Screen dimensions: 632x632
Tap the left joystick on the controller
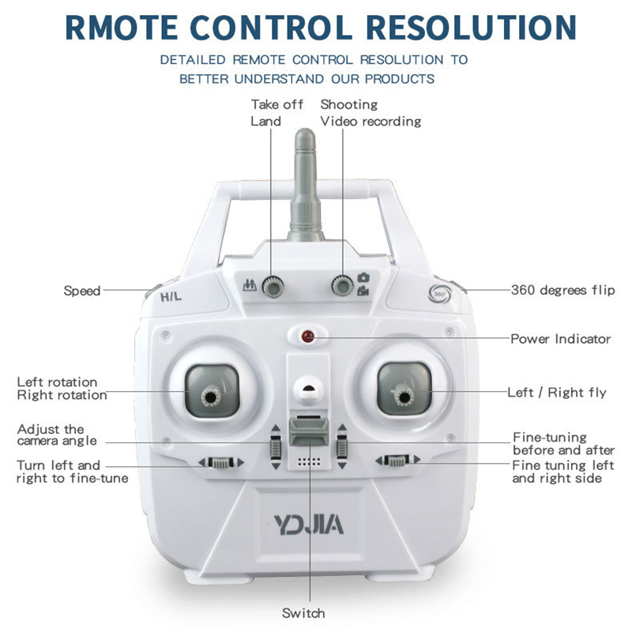211,397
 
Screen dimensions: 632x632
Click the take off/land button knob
273,287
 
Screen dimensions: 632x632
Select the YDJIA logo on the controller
309,525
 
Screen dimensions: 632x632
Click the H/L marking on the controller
171,297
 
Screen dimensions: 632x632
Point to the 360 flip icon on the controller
439,293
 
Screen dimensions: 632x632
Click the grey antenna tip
305,135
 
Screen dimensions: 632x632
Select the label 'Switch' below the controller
303,613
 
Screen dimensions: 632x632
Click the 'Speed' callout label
82,291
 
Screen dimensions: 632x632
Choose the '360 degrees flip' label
562,290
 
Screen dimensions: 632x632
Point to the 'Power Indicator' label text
560,339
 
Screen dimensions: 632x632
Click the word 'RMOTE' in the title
122,28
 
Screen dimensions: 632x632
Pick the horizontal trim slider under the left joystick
220,462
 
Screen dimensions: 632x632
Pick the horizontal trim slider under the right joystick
397,460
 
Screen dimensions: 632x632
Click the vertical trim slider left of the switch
276,446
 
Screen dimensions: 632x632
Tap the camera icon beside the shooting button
363,277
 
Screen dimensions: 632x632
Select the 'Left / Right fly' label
557,392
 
